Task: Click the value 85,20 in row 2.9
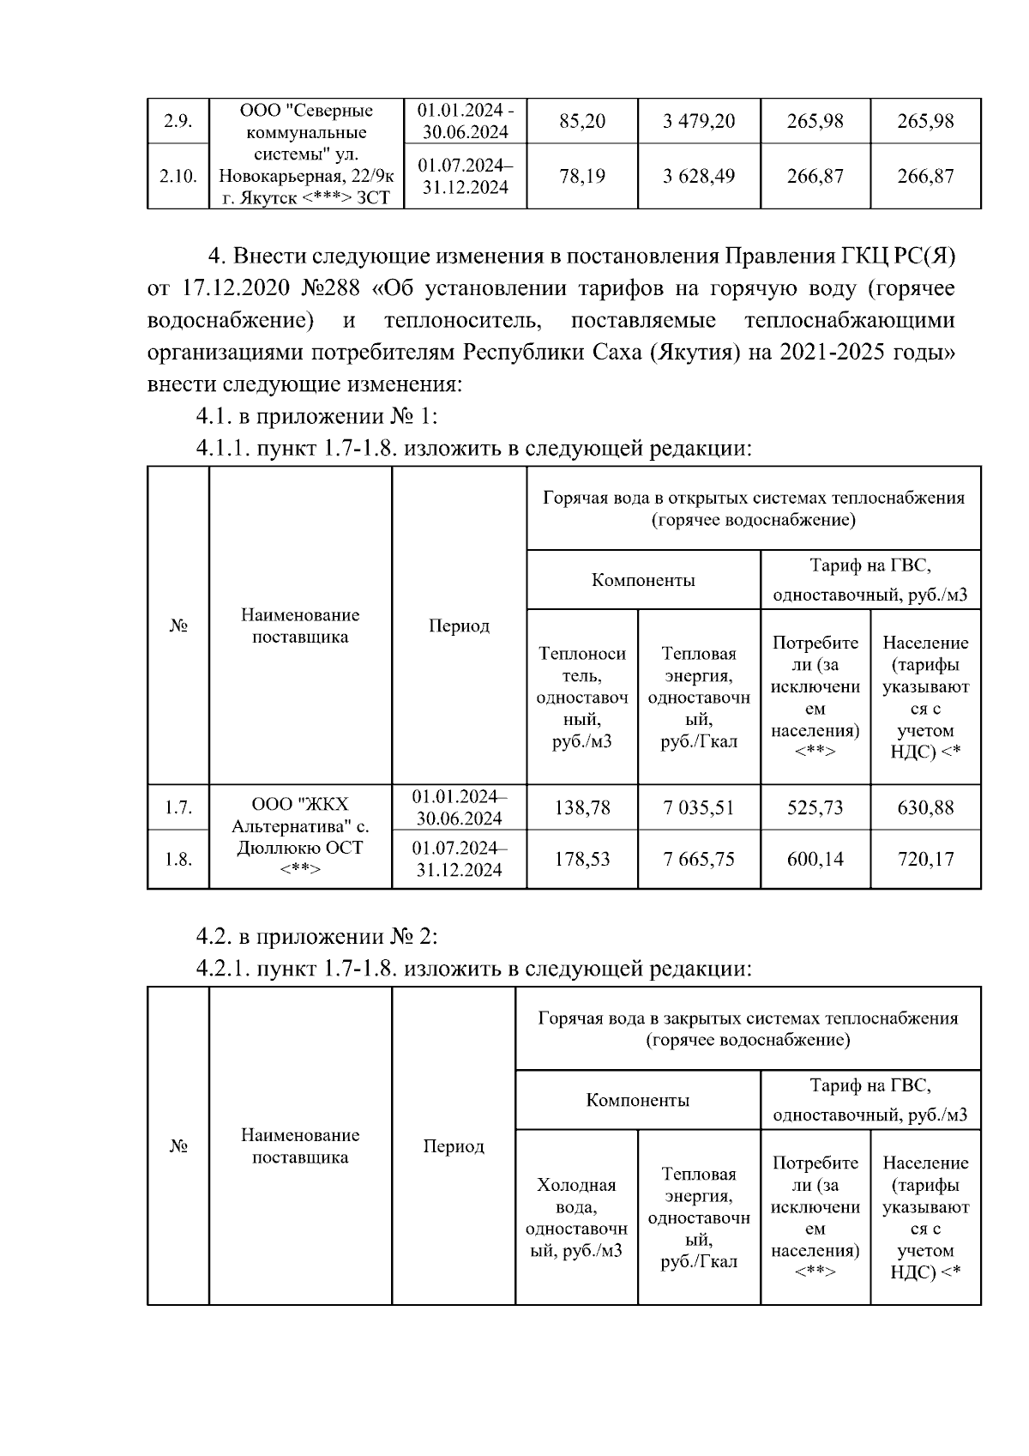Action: tap(582, 121)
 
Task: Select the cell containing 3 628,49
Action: tap(699, 176)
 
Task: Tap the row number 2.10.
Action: tap(178, 176)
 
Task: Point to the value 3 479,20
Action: tap(699, 121)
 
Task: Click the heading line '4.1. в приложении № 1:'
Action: tap(317, 416)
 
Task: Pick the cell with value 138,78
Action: tap(582, 807)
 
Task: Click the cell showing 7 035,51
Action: tap(699, 807)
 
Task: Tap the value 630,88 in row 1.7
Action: tap(925, 807)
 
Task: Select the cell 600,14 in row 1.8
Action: tap(815, 859)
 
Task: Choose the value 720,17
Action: tap(925, 859)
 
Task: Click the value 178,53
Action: tap(582, 859)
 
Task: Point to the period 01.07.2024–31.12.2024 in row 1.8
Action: tap(459, 859)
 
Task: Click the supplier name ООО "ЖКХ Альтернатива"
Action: tap(300, 816)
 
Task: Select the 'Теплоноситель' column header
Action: tap(582, 697)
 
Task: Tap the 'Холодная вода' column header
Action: tap(576, 1217)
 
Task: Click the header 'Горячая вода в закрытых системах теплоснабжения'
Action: tap(748, 1028)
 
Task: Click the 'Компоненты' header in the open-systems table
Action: tap(643, 580)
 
